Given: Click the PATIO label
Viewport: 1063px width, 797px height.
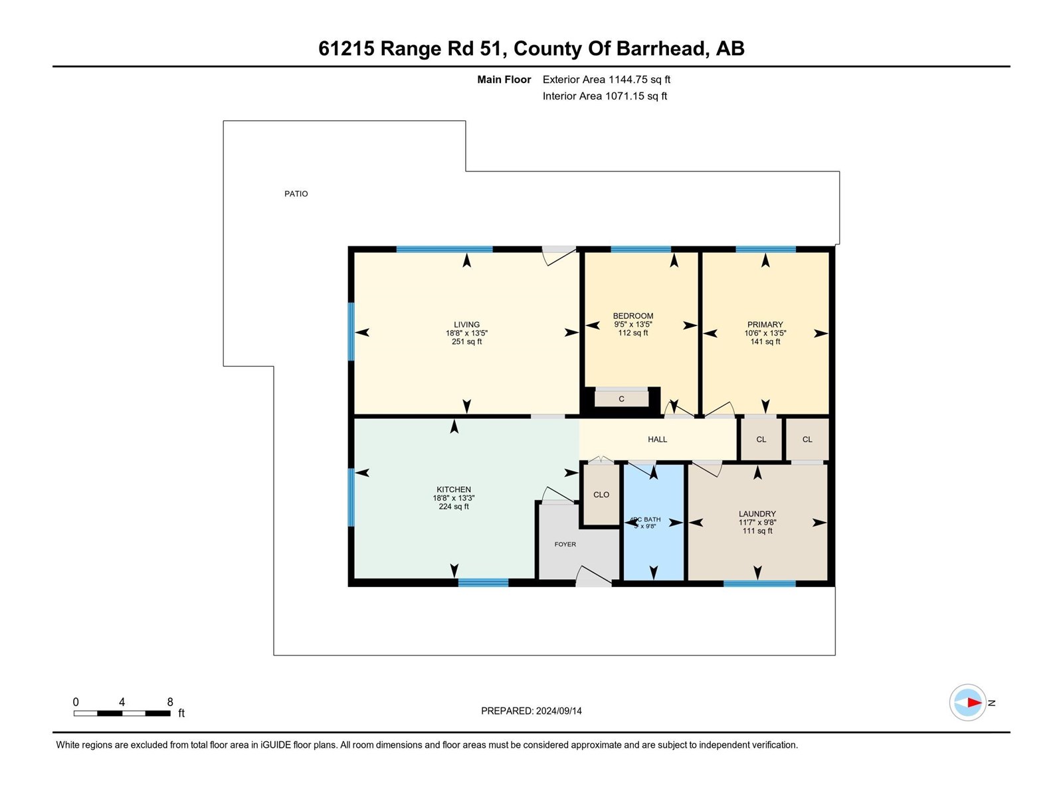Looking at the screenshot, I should [296, 194].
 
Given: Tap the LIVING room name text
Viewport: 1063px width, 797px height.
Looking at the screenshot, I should [466, 325].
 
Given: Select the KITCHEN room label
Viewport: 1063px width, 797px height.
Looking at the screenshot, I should [453, 489].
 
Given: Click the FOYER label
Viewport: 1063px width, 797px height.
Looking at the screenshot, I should [565, 544].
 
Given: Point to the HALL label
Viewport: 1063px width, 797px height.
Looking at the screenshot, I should [657, 439].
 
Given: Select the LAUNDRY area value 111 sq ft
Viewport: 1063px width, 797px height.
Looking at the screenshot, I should [757, 531].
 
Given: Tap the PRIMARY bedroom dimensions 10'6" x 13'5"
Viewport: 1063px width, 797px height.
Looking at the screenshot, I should [765, 333].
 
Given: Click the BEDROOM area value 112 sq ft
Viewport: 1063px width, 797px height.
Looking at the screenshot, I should [632, 333].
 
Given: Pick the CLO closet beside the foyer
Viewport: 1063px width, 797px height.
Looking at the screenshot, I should [601, 495].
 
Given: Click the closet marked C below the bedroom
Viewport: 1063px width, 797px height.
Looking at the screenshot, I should [621, 399].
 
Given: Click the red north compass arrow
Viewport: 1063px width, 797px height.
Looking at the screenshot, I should [973, 702].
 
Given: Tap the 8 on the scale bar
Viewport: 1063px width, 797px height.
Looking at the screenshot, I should [170, 702].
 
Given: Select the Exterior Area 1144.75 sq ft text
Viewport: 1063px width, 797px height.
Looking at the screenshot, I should [606, 80].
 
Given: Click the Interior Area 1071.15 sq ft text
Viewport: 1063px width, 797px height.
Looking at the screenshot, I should [605, 96].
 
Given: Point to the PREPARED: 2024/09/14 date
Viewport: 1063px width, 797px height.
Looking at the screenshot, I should [531, 711].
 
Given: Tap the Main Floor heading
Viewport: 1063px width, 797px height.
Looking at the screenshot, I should [504, 80].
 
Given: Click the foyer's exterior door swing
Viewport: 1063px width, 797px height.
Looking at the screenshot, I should [593, 576].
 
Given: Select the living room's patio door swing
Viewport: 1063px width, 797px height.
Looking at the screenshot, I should [558, 255].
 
